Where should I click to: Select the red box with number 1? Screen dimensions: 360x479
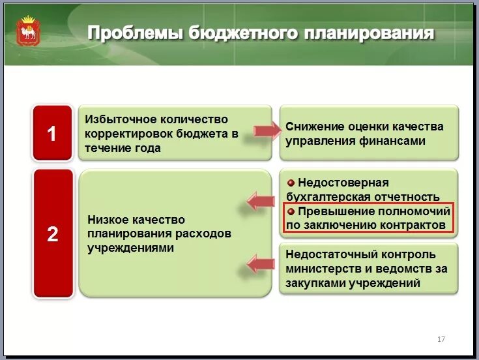[x=52, y=133]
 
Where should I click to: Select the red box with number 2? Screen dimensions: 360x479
[x=52, y=233]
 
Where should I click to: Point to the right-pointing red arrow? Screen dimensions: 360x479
[x=266, y=131]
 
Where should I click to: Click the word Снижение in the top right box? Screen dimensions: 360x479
[x=315, y=126]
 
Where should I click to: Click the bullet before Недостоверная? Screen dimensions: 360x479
[x=291, y=183]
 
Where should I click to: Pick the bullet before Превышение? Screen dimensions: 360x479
[x=291, y=212]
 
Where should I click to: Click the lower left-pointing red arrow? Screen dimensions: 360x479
[x=261, y=263]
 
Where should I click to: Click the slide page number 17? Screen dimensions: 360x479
[x=441, y=339]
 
